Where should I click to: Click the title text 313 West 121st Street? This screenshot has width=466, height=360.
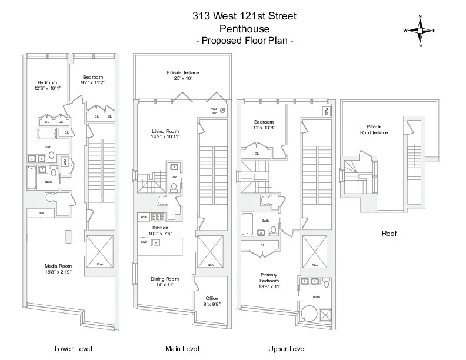tap(244, 16)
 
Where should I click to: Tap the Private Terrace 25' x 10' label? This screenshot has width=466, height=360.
tap(182, 75)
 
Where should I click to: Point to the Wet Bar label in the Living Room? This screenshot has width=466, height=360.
tap(214, 111)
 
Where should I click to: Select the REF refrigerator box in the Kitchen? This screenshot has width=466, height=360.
tap(144, 217)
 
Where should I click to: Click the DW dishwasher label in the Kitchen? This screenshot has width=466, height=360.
tap(144, 241)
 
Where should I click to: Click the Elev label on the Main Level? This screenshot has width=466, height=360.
tap(210, 265)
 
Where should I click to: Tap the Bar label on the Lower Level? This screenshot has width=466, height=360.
tap(42, 212)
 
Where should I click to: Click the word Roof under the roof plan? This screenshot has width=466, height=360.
tap(390, 234)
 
